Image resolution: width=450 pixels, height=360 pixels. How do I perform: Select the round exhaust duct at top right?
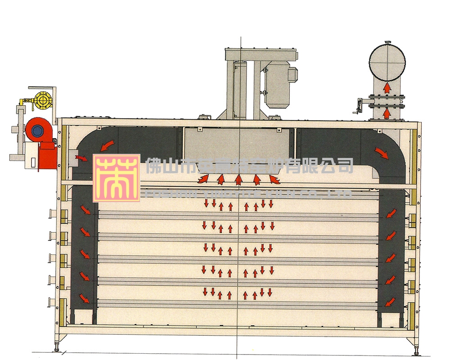387,61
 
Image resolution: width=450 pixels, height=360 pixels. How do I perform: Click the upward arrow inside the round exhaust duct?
387,88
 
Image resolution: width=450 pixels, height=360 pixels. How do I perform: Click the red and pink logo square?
116,178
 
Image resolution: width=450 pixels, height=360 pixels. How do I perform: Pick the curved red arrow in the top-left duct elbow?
107,145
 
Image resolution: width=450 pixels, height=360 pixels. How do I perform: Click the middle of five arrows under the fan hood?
238,180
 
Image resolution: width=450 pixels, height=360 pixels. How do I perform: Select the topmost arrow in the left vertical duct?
84,210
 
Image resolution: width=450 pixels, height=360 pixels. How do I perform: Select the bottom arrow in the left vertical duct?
84,297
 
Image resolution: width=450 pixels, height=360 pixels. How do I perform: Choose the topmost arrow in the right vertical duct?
391,212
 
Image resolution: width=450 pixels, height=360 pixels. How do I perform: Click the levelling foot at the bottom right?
414,350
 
